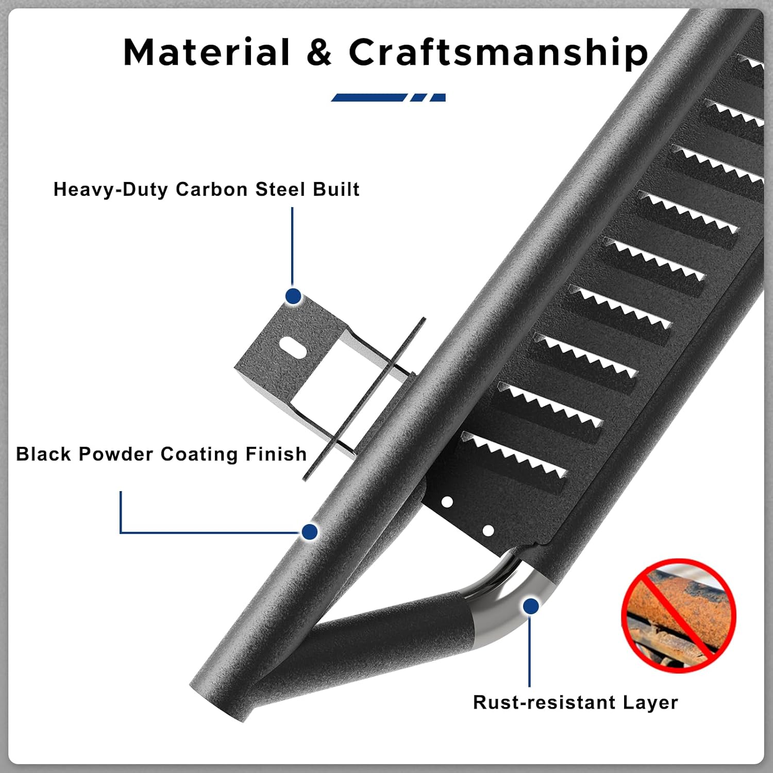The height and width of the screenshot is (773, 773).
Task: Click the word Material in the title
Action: tap(207, 53)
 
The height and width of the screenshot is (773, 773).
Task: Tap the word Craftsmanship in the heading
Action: tap(498, 53)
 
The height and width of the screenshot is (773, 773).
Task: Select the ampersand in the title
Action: tap(319, 53)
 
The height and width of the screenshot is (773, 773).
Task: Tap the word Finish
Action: tap(276, 454)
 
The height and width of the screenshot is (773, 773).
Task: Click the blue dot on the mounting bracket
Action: tap(293, 296)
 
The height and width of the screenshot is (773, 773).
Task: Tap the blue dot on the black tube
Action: tap(310, 531)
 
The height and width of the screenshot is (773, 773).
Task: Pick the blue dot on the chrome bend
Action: tap(531, 606)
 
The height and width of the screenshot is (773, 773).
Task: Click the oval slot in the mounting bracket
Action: tap(293, 346)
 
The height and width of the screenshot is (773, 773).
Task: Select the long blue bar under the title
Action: tap(369, 97)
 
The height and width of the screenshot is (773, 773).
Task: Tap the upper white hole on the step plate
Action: tap(447, 501)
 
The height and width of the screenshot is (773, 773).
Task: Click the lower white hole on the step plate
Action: tap(488, 530)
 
